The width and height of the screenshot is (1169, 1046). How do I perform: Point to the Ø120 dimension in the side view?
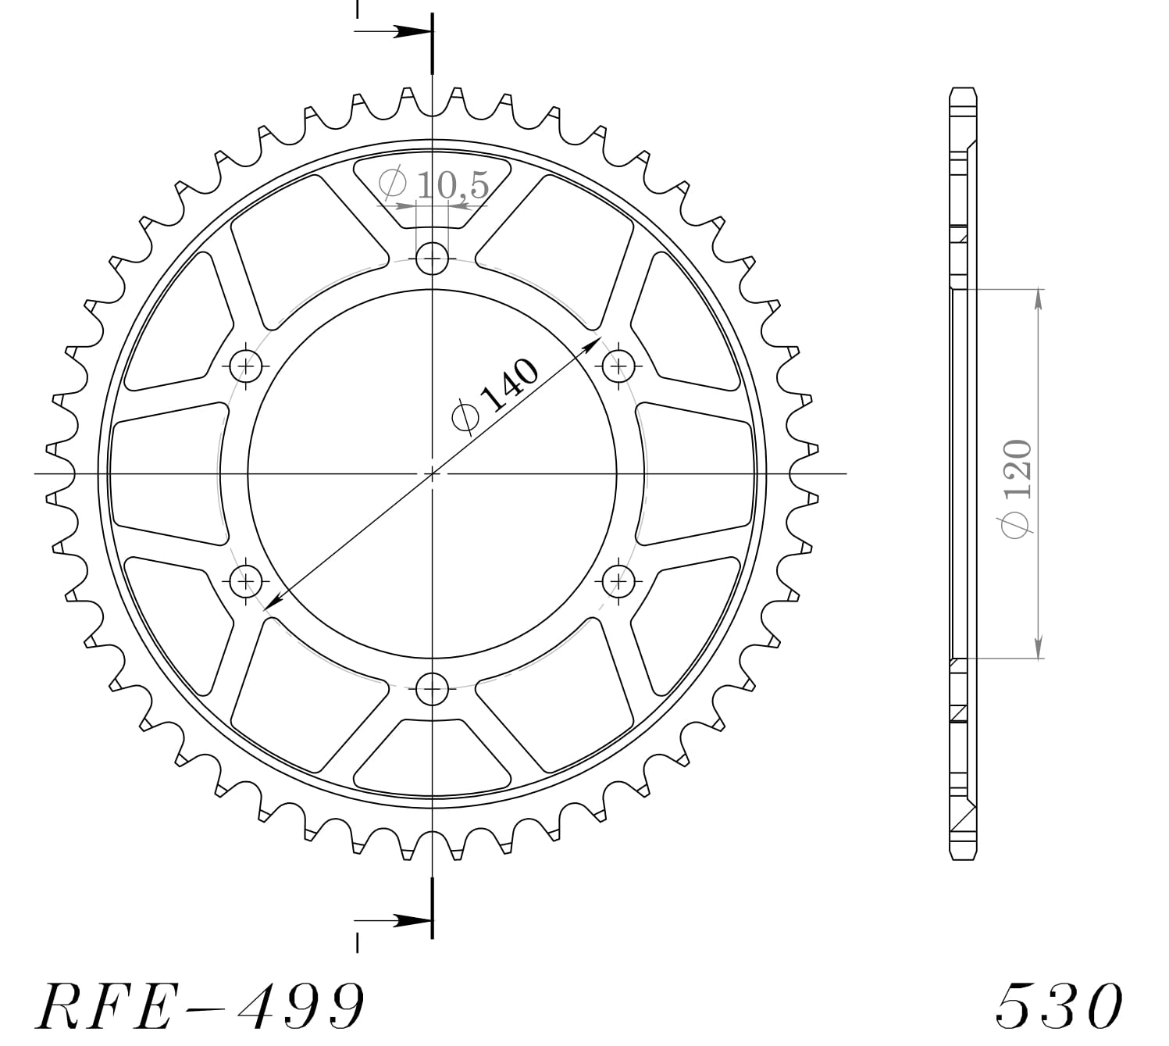coord(1019,488)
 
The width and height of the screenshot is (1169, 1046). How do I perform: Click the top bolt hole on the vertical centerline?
coord(432,258)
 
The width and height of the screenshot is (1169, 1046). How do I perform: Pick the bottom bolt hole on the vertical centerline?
coord(432,688)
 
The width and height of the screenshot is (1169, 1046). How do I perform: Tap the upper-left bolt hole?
coord(247,365)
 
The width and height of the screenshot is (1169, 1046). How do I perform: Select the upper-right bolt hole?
coord(618,365)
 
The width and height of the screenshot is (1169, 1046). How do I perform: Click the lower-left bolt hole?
coord(247,580)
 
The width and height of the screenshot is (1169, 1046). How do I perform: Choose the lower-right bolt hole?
coord(618,580)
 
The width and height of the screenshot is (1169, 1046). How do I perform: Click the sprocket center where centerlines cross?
coord(432,473)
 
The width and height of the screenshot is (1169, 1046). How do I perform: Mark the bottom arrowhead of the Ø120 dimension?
coord(1038,648)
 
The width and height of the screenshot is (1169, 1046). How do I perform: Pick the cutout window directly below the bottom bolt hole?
coord(432,754)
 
